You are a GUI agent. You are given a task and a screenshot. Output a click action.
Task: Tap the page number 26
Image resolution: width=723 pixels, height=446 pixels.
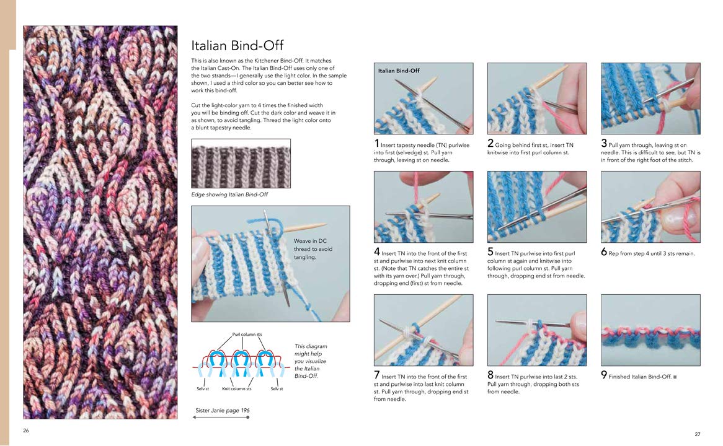click(x=26, y=430)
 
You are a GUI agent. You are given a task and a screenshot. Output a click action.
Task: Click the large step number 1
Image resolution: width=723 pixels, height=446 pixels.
click(x=376, y=144)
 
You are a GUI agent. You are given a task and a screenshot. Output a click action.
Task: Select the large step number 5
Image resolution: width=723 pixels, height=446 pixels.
click(x=490, y=253)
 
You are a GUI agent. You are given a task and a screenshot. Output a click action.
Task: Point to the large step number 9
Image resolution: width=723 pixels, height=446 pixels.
click(x=603, y=253)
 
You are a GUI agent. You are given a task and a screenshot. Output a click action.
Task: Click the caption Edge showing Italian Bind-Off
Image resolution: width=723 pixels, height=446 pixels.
click(x=229, y=195)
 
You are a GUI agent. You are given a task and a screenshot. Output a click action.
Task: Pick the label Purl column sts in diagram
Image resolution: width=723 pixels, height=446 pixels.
click(x=247, y=334)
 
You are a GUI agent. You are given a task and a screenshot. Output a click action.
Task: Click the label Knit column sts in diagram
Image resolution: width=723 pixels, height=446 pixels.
click(x=237, y=388)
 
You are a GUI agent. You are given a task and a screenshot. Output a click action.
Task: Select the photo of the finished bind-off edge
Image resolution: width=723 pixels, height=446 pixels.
click(x=650, y=330)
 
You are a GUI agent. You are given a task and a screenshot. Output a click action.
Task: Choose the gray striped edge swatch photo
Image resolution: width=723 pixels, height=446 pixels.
click(x=241, y=163)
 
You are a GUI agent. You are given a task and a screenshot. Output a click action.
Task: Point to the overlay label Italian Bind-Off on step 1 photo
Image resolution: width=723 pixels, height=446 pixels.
click(x=399, y=71)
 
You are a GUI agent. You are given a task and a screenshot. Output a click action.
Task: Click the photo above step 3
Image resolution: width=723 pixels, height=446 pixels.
click(x=650, y=98)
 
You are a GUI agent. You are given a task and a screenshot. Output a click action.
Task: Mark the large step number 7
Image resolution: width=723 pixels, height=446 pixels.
click(x=376, y=375)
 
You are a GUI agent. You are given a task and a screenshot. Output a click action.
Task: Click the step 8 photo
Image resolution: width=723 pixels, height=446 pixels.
click(x=537, y=330)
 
